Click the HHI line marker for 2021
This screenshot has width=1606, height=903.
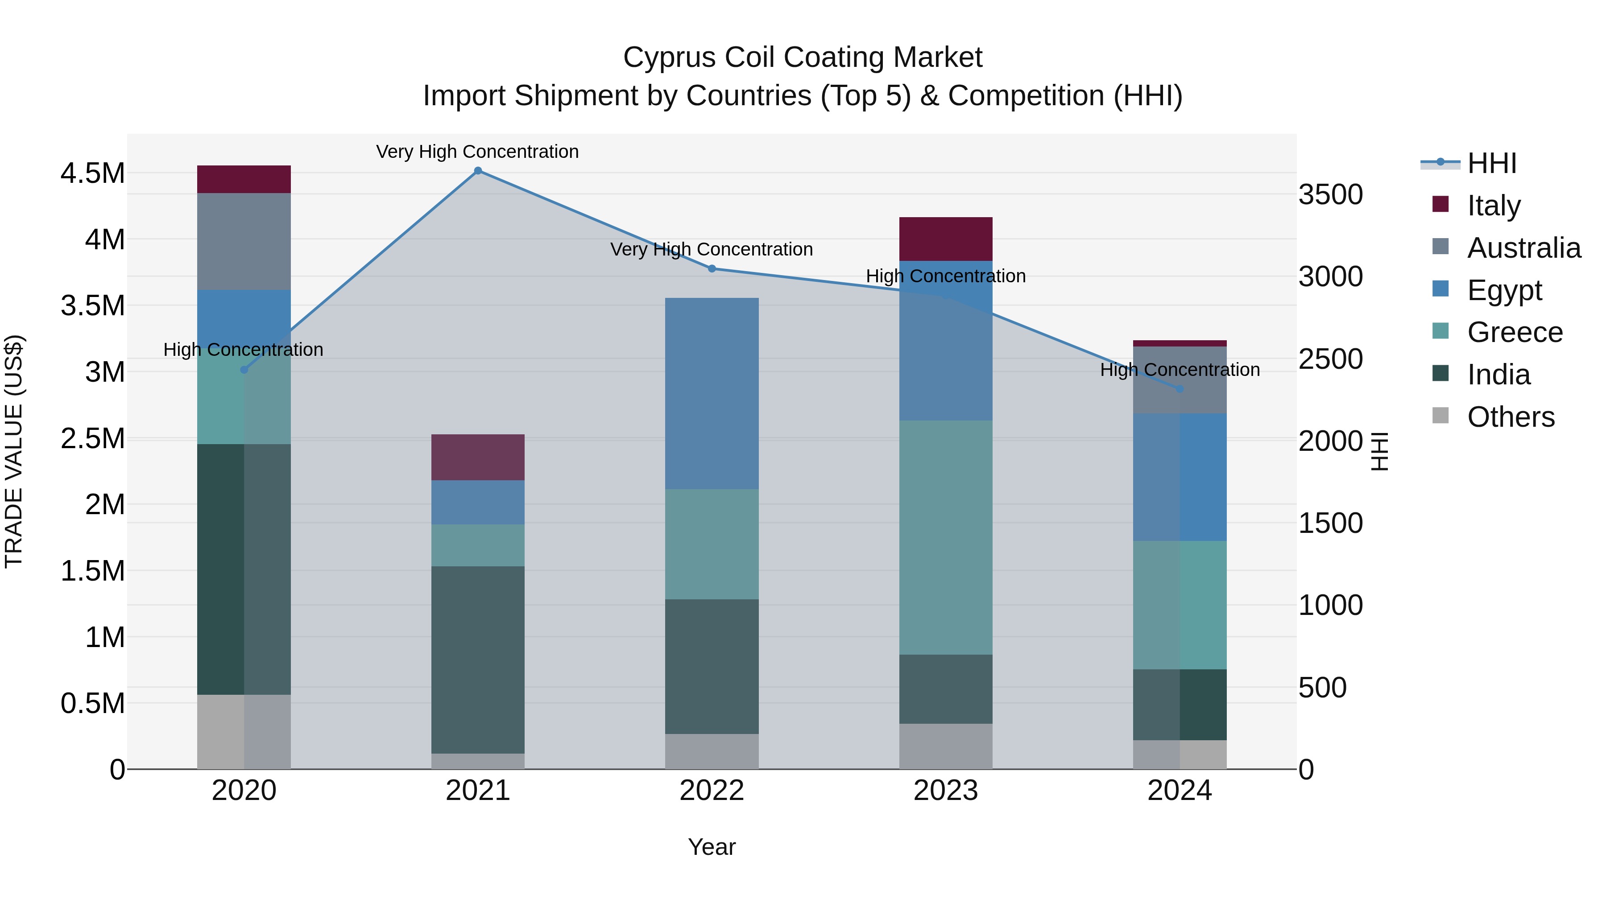(x=477, y=170)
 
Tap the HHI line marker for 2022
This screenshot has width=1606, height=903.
(x=712, y=268)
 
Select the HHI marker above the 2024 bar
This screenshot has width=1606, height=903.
(x=1180, y=389)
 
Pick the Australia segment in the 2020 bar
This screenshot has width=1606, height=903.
(x=244, y=241)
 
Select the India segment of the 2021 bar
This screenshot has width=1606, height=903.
(x=477, y=660)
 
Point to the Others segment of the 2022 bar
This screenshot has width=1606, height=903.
(x=712, y=751)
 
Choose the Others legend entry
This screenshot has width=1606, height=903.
(x=1510, y=417)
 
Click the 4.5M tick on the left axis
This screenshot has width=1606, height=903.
(x=92, y=173)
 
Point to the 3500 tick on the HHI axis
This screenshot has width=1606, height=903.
(x=1330, y=194)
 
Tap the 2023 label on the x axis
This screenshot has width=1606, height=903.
(x=946, y=791)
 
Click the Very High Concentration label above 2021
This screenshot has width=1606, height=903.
(x=477, y=152)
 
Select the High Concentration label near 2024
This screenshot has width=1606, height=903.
(x=1180, y=370)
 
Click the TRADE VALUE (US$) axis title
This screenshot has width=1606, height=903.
(x=14, y=451)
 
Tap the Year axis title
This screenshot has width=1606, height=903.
(x=712, y=847)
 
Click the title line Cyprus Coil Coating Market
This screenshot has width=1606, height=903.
(x=803, y=58)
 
